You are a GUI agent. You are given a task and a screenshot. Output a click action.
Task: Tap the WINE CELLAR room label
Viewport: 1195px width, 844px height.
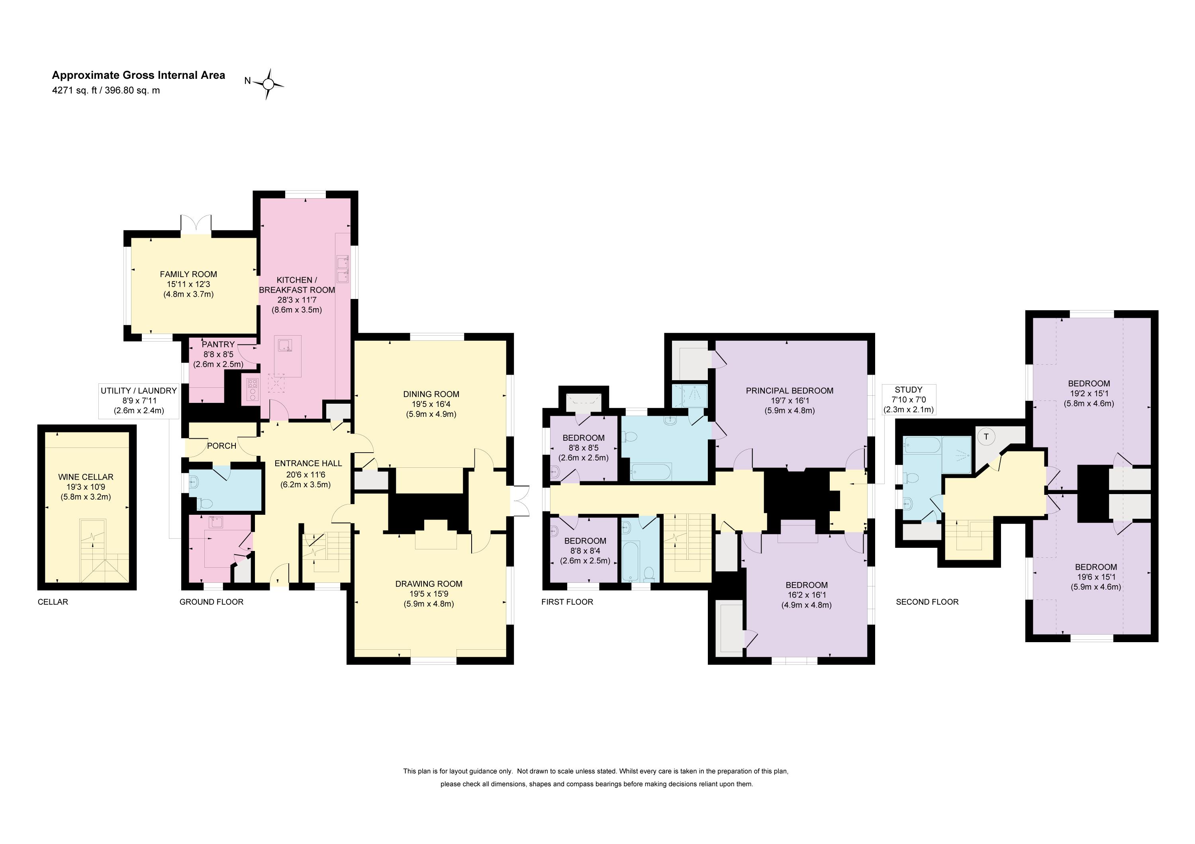point(86,477)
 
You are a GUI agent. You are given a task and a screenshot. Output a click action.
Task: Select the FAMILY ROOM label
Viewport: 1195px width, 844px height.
point(188,274)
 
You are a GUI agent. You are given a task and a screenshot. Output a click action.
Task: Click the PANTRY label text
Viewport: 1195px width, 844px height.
point(218,344)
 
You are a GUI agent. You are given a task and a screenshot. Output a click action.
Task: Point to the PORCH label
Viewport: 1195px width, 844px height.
point(222,445)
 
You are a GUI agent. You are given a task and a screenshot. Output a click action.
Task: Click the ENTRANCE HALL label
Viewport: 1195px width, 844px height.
point(308,463)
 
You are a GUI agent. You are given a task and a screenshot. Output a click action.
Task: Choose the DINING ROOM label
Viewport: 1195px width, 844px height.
point(431,394)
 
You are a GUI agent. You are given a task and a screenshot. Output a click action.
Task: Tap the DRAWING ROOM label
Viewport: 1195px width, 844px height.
point(429,584)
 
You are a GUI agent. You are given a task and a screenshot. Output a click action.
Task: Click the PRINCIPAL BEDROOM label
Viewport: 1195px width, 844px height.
point(789,391)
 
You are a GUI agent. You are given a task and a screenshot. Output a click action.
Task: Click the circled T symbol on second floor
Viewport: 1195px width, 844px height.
point(986,437)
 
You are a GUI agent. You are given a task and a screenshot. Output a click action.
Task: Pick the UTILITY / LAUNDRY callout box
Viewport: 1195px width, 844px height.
point(139,401)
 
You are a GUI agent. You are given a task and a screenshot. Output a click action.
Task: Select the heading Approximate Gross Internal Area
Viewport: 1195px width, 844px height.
point(139,75)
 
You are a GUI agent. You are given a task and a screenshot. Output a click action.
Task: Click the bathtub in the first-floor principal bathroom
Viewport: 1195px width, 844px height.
point(650,472)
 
